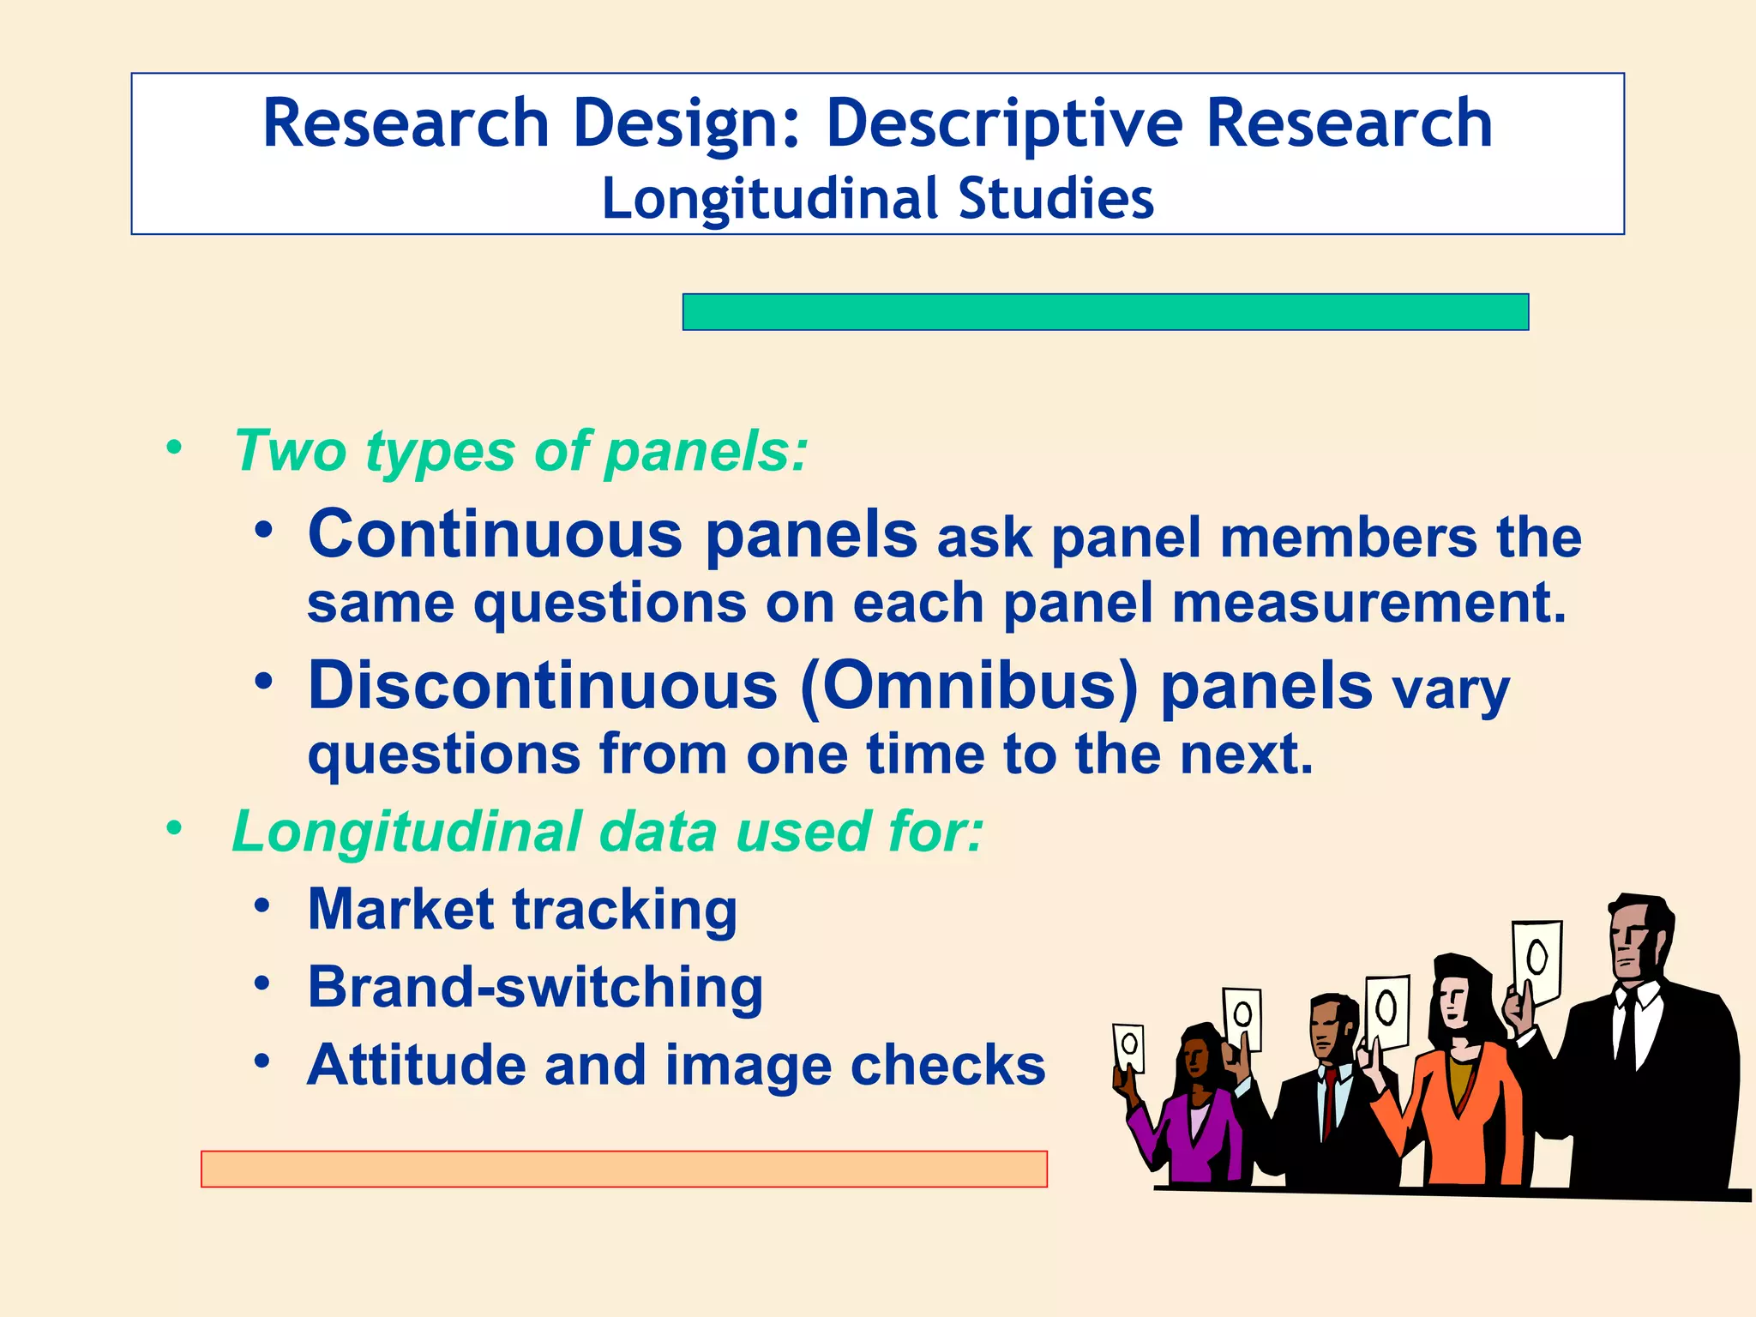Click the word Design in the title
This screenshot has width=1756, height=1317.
(686, 124)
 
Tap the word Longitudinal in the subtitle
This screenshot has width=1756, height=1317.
(770, 200)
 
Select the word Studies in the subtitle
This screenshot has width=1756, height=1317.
(1055, 199)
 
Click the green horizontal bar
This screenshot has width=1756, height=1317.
(1105, 312)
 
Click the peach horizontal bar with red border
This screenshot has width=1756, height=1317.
(623, 1170)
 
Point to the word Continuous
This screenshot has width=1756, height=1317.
(495, 535)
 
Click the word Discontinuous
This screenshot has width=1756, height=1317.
(543, 686)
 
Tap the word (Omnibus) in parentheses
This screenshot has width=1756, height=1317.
(969, 686)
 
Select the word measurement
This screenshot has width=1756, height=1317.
(1368, 604)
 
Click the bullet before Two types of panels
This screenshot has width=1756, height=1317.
(175, 448)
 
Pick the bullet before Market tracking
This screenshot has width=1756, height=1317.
(262, 906)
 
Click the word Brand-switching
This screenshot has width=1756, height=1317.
(535, 988)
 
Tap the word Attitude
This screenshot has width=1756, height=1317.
(416, 1066)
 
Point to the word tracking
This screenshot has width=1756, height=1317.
(624, 910)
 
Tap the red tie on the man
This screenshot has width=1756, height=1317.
(1328, 1102)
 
